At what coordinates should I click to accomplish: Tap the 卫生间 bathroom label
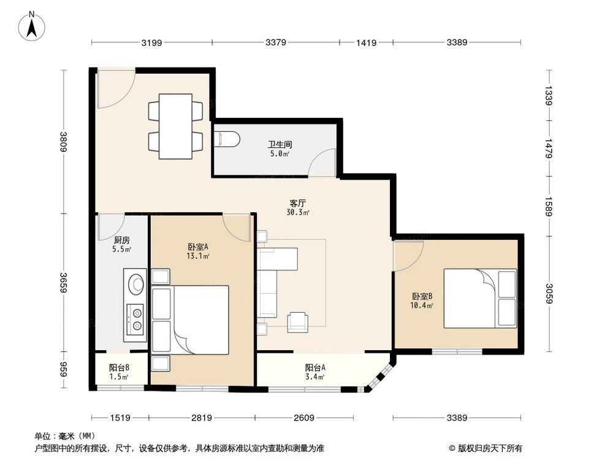279,145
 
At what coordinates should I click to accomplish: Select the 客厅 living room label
298,203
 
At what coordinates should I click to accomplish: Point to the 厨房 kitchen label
121,240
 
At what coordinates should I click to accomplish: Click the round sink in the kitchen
136,283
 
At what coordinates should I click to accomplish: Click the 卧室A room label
199,247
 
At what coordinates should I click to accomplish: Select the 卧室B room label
422,296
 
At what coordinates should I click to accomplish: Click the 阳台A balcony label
315,368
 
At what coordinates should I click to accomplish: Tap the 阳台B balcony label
119,368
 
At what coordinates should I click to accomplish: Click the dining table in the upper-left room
176,125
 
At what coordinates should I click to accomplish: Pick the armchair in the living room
298,321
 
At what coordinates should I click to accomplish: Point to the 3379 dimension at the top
276,42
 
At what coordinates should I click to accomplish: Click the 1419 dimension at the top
366,42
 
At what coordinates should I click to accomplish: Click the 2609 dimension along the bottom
303,418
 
